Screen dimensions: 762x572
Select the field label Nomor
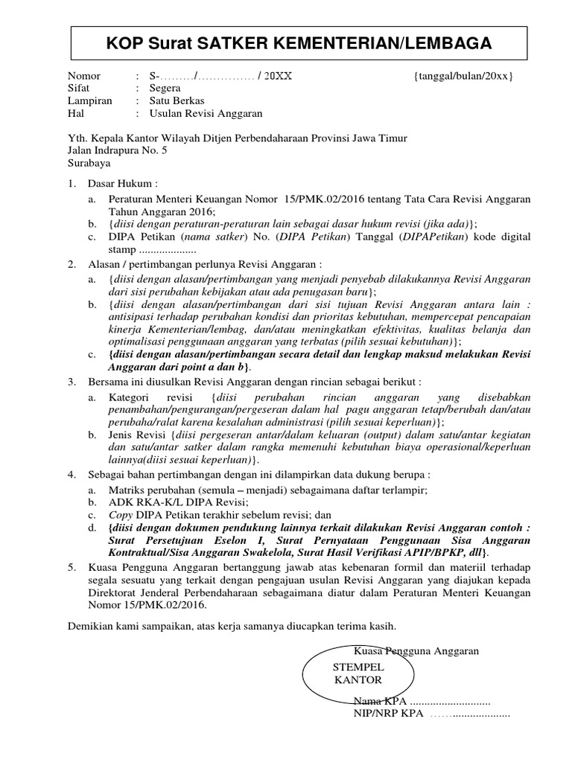tap(84, 77)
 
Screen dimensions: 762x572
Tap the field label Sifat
tap(80, 89)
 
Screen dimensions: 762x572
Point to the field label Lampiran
tap(89, 101)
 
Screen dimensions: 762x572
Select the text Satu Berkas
tap(177, 101)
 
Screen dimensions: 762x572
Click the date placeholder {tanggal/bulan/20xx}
tap(463, 77)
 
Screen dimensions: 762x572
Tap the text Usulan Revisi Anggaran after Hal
tap(206, 114)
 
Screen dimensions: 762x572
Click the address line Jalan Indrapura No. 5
tap(118, 150)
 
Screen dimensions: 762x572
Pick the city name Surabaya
tap(89, 162)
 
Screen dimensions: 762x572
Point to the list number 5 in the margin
tap(71, 567)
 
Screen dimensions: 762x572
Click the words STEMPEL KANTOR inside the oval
tap(358, 673)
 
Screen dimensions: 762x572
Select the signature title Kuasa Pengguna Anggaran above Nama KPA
tap(416, 651)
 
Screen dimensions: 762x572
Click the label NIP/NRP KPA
tap(386, 714)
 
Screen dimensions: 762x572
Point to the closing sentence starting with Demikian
tap(232, 627)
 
